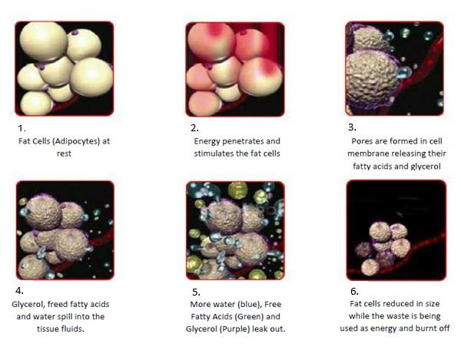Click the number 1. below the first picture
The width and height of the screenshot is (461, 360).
pos(22,128)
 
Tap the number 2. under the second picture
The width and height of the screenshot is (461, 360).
pos(194,128)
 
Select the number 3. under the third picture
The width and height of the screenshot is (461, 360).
pos(352,127)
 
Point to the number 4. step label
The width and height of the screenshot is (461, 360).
pos(19,291)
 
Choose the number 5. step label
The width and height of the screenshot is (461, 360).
pos(197,292)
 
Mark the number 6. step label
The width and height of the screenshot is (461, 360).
pos(354,291)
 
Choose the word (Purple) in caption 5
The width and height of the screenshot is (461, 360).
pos(234,329)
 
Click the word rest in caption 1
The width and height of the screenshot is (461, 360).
pos(64,154)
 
